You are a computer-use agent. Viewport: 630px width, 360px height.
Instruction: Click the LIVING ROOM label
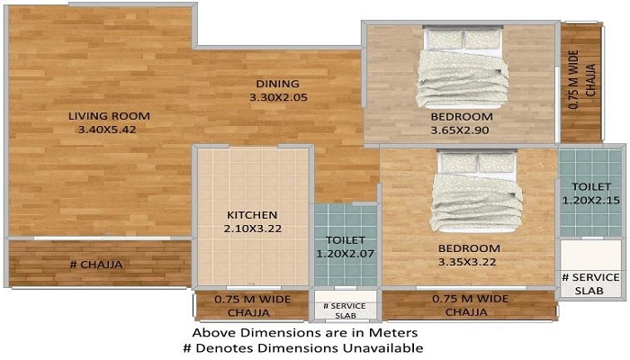[x=109, y=116]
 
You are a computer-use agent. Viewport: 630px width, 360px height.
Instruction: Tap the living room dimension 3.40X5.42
[x=107, y=130]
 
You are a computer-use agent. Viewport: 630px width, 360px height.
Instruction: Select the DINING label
[x=278, y=84]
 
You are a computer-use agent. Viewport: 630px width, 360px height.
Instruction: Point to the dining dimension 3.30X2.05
[x=278, y=97]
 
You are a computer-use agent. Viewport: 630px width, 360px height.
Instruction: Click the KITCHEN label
[x=252, y=215]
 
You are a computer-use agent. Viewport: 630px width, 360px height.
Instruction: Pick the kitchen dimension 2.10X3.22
[x=253, y=229]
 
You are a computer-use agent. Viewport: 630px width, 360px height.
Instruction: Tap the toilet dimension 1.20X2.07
[x=345, y=254]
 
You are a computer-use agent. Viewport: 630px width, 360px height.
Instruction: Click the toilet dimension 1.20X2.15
[x=591, y=200]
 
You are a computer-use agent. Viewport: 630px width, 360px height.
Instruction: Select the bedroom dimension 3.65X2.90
[x=460, y=130]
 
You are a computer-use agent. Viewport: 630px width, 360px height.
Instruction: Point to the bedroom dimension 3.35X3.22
[x=467, y=263]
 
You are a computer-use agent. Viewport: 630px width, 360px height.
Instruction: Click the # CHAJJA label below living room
[x=96, y=265]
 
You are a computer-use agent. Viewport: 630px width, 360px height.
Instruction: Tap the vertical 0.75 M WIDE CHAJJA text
[x=581, y=80]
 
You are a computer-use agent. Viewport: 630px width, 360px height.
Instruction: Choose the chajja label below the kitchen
[x=252, y=306]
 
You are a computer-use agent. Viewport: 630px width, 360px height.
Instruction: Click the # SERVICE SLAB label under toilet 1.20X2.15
[x=590, y=283]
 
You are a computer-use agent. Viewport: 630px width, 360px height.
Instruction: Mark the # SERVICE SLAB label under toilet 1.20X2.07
[x=345, y=310]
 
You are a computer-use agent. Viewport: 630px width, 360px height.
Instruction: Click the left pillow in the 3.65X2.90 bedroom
[x=445, y=40]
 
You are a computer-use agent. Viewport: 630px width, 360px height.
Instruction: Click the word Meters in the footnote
[x=394, y=333]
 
